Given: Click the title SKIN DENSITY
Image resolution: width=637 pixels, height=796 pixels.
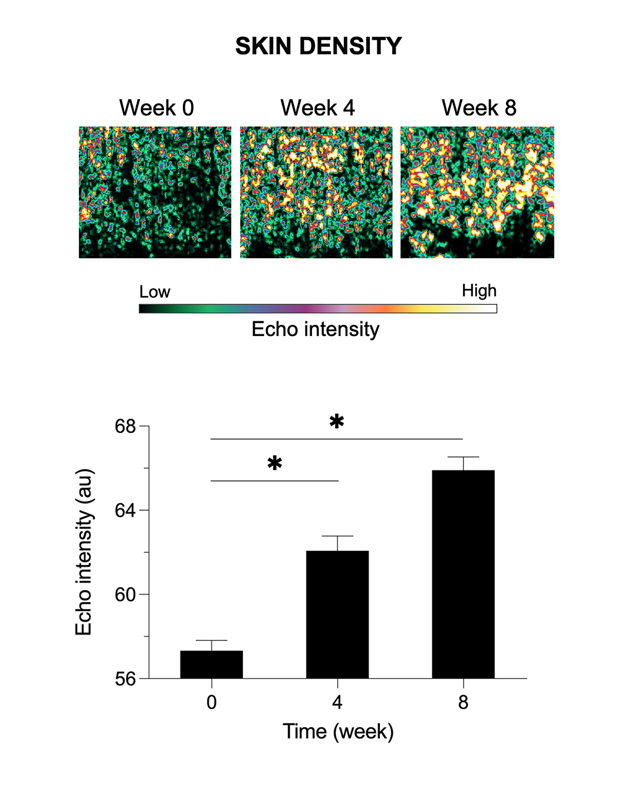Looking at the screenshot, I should coord(318,46).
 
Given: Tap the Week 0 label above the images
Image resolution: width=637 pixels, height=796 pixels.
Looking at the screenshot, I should coord(156,108).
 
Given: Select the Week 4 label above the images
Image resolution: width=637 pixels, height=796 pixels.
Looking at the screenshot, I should coord(317,108).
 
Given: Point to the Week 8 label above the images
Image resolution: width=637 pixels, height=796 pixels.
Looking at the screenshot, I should coord(479,108).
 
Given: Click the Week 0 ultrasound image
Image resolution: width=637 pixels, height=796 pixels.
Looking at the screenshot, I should coord(155,192).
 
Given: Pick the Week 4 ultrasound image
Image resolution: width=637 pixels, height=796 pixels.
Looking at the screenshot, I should coord(316,192).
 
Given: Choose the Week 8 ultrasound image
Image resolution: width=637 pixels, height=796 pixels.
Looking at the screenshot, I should coord(477,192).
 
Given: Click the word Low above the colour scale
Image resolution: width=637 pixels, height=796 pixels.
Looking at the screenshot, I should coord(155,292).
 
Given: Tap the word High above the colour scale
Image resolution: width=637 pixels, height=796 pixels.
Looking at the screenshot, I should coord(479,291).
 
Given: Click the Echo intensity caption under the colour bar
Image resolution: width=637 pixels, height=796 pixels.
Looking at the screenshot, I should coord(316,329).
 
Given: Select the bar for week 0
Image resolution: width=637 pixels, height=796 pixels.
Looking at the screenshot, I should coord(211,665).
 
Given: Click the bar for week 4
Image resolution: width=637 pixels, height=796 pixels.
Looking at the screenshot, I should coord(337,614).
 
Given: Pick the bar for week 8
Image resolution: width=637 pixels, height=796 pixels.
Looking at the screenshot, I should coord(463,574).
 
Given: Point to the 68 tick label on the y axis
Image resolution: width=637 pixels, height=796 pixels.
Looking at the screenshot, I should coord(126,426).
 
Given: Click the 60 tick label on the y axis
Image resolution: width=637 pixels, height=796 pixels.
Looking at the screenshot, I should coord(126,595).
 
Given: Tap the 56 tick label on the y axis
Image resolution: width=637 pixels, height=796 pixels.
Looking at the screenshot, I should coord(126,679).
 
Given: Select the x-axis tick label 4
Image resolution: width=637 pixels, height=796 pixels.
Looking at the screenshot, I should coord(337,702).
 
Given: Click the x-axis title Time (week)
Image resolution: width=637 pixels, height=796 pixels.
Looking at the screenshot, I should coord(338,731).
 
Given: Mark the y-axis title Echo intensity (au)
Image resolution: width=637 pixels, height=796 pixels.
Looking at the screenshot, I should coord(84,552).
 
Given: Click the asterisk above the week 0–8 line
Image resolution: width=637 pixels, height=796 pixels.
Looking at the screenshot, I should coord(337,422).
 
